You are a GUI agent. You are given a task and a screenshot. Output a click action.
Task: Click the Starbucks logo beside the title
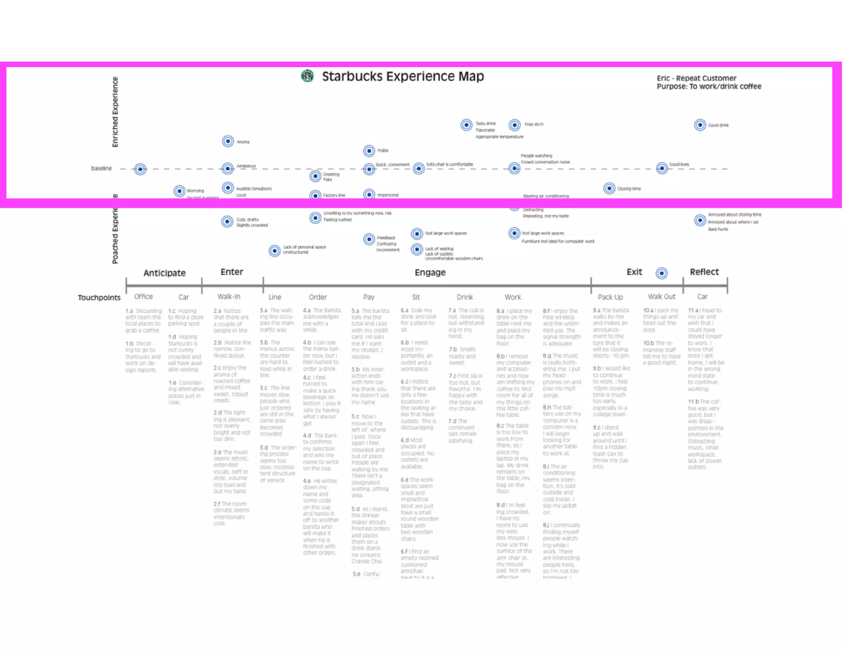[307, 76]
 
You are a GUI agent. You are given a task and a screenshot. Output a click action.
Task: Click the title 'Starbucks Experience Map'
[403, 76]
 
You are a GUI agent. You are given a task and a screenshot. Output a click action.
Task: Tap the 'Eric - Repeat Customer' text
[696, 78]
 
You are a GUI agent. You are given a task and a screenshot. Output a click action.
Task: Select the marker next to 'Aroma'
[228, 141]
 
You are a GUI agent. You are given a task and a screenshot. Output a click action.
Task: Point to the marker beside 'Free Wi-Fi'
[514, 124]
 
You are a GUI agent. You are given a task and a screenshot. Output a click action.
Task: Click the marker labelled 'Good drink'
[700, 125]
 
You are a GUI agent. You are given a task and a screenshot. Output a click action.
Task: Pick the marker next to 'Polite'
[369, 151]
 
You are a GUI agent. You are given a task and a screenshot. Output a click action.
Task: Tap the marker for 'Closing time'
[609, 188]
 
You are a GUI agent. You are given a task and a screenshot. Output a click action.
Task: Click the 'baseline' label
[101, 168]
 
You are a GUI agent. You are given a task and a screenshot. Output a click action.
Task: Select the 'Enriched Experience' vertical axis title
[115, 112]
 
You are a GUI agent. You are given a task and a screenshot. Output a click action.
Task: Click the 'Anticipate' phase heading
[164, 273]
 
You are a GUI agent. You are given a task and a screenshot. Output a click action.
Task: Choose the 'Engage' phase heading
[430, 272]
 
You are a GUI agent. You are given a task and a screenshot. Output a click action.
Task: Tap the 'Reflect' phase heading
[704, 272]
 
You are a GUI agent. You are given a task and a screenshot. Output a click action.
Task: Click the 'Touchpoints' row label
[99, 298]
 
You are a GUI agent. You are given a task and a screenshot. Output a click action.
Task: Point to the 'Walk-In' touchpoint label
[229, 297]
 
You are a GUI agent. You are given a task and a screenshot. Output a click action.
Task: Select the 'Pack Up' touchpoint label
[610, 297]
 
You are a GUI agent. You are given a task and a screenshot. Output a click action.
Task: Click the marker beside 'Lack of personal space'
[274, 251]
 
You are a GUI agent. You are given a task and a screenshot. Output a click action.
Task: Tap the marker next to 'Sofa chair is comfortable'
[419, 168]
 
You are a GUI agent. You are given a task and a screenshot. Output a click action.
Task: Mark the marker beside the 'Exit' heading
[661, 273]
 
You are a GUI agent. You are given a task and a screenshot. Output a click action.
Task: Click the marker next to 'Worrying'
[179, 191]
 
